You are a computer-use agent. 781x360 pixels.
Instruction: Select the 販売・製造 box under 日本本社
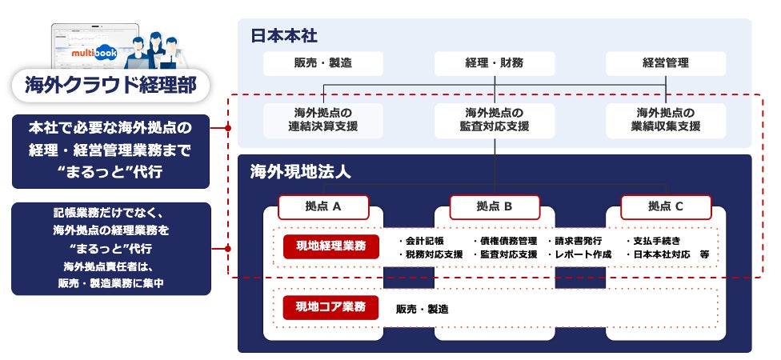point(323,63)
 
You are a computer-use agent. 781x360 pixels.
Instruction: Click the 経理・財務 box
point(495,63)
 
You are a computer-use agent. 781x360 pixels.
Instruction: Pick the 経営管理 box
point(666,63)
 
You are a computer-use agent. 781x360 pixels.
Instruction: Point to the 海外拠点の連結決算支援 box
point(323,119)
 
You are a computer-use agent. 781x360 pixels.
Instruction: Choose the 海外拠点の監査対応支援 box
point(495,119)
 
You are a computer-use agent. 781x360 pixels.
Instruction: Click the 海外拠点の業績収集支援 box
point(666,119)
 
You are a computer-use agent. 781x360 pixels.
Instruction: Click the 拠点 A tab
point(323,206)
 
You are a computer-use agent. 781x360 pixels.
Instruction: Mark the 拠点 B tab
point(495,206)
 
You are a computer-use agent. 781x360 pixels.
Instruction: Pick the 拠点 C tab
point(666,206)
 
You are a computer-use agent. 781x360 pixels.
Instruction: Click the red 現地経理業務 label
point(330,246)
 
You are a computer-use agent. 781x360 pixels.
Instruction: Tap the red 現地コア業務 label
point(330,307)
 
